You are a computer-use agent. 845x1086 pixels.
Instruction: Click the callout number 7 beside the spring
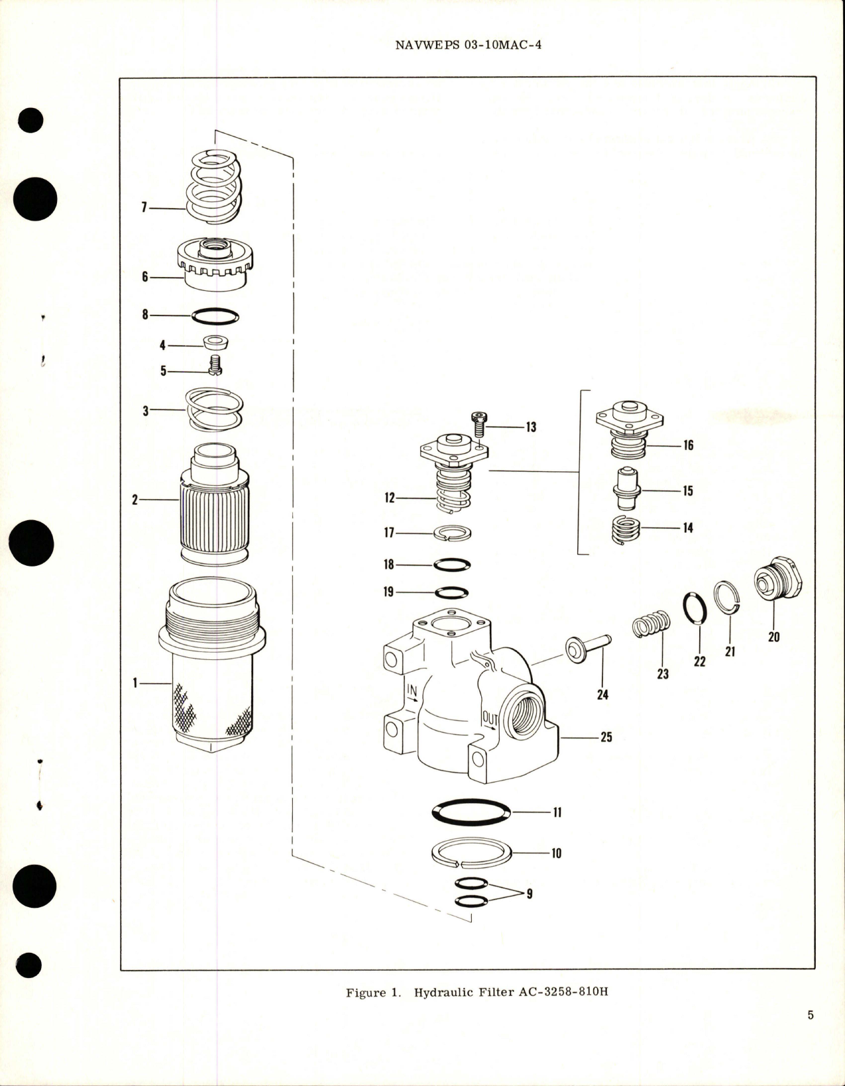click(x=143, y=208)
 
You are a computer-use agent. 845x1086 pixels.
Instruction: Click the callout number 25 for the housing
click(x=606, y=737)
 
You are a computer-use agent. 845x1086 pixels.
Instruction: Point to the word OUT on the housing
click(x=490, y=718)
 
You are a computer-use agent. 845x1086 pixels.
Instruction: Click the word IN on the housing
click(x=412, y=693)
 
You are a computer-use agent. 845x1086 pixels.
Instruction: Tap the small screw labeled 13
click(x=479, y=423)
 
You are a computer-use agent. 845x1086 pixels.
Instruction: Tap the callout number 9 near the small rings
click(x=529, y=893)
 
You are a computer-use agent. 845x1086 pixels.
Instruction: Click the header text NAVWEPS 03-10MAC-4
click(x=468, y=46)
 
